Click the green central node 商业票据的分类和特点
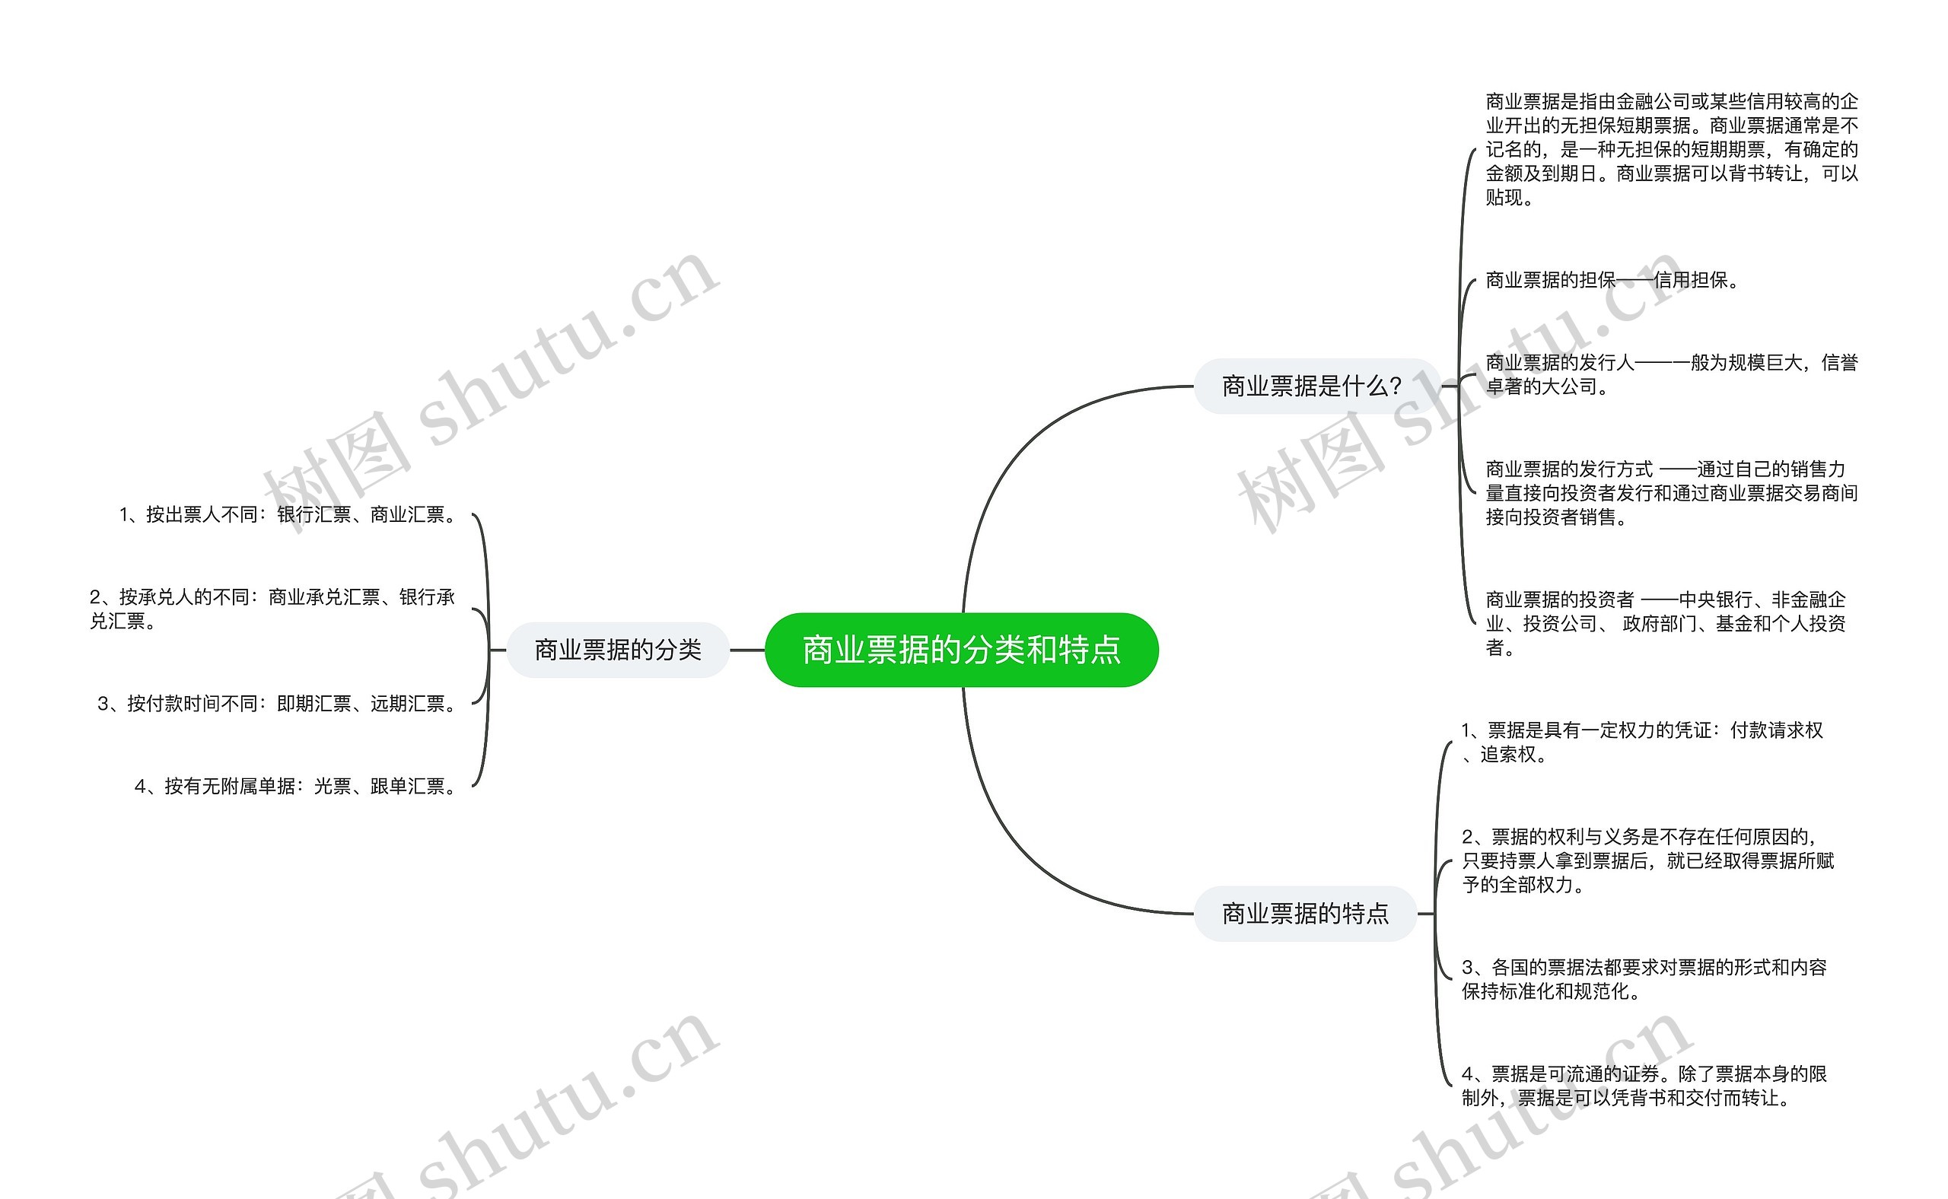point(961,650)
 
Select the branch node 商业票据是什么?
point(1312,386)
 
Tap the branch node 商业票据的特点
point(1306,914)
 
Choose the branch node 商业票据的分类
point(618,650)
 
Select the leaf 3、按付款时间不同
point(278,704)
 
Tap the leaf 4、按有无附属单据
point(297,786)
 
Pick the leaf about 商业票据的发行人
point(1671,374)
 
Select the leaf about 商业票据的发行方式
point(1671,492)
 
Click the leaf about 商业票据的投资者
point(1666,623)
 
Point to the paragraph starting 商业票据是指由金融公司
point(1671,149)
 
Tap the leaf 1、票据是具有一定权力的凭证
point(1642,742)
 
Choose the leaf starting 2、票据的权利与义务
point(1647,860)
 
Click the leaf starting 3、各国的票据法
point(1644,978)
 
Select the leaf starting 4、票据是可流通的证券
point(1644,1086)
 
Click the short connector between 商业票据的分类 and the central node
point(747,650)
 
